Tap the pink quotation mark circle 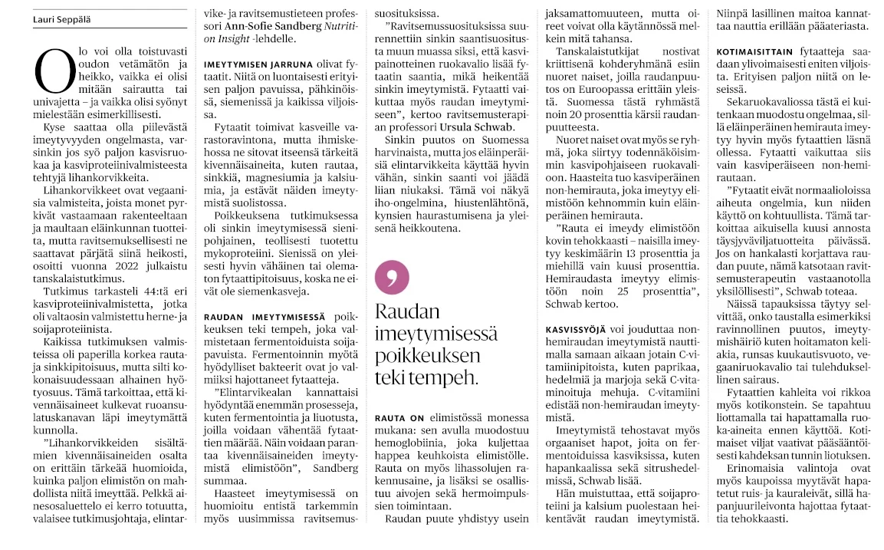coord(392,277)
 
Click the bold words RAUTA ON coord(399,417)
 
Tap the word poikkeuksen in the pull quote coord(428,355)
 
